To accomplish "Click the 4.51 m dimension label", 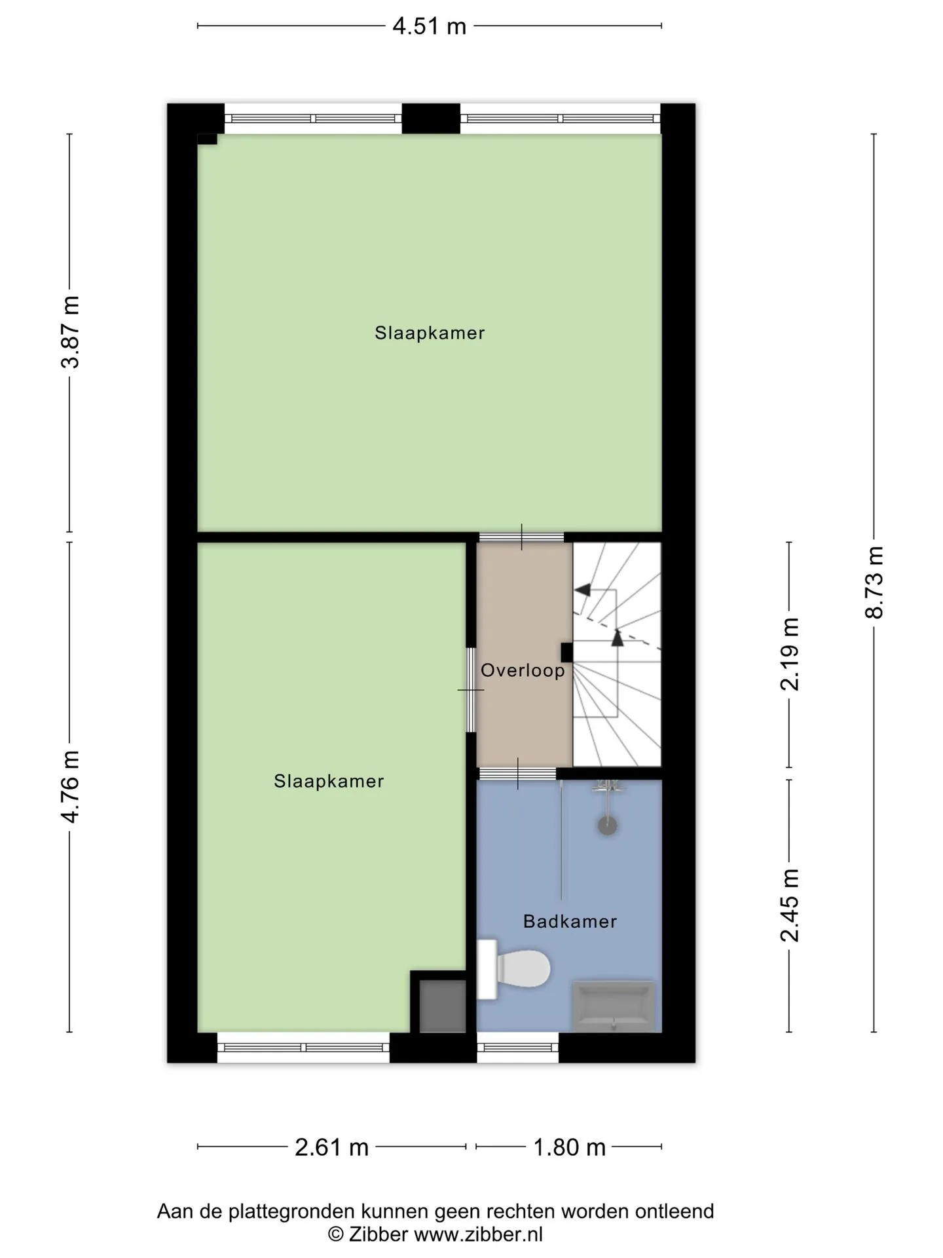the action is click(x=429, y=26).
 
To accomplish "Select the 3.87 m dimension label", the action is click(x=70, y=332).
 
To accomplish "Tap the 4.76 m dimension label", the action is click(x=70, y=787).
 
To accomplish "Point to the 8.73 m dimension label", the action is click(x=874, y=582).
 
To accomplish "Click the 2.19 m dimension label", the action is click(x=790, y=654).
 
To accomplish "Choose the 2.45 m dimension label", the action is click(x=790, y=905).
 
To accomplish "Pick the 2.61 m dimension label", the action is click(x=331, y=1147).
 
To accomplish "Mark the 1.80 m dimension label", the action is click(x=569, y=1147).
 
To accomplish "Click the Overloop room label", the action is click(x=523, y=670).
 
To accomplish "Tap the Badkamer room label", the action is click(x=570, y=921).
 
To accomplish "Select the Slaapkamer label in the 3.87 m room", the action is click(x=430, y=333).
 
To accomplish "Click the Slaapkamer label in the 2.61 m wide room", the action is click(x=329, y=781).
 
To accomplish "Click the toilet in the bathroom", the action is click(x=513, y=969).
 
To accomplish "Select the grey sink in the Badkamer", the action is click(x=614, y=1006).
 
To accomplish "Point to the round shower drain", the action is click(x=608, y=825).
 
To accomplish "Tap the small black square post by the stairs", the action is click(x=567, y=653).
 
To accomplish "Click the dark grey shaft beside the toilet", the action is click(x=443, y=1006).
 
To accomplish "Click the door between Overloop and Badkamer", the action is click(x=517, y=774).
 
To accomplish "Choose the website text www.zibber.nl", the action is click(x=479, y=1234).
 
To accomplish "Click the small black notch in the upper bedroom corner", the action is click(x=207, y=138).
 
